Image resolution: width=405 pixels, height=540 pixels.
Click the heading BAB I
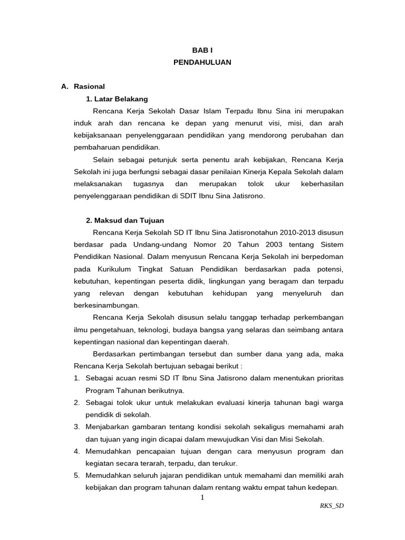tap(202, 49)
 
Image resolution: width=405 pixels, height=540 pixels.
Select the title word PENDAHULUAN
tap(202, 62)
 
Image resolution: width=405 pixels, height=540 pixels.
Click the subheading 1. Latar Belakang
tap(117, 99)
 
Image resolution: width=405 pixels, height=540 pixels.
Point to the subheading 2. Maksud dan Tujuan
tap(125, 220)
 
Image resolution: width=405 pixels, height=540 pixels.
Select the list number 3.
tap(76, 427)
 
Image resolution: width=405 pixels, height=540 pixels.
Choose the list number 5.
tap(76, 475)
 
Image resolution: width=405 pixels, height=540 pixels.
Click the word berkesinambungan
tap(106, 305)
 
